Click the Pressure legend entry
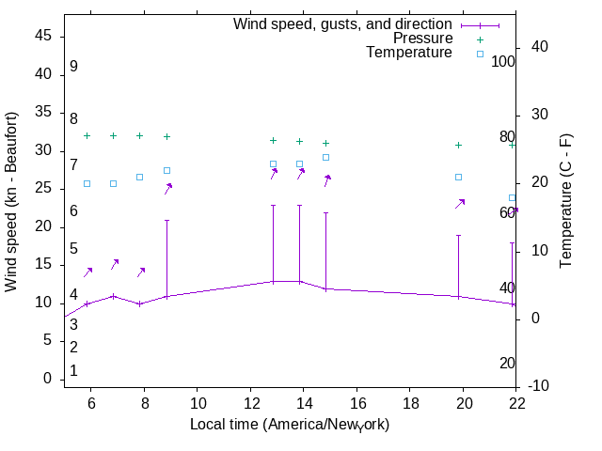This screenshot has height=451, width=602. coord(422,39)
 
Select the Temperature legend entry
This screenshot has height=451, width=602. coord(409,53)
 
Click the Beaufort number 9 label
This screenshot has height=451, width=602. coord(73,67)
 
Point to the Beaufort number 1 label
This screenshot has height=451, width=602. coord(73,371)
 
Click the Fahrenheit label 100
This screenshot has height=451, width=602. coord(503,62)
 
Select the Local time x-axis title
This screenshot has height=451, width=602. coord(290,425)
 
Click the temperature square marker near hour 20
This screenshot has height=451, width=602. coord(459,177)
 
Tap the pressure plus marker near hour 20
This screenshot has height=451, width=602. coord(459,145)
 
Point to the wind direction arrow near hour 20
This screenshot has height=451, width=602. coord(460,203)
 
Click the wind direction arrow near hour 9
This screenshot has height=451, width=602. coord(168,188)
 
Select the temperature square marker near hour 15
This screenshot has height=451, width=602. coord(326,157)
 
